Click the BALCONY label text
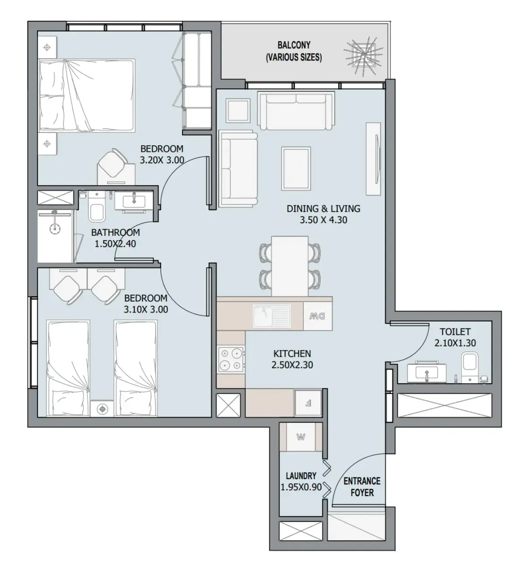(x=294, y=45)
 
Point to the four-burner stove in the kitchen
(x=231, y=359)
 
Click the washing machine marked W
(x=301, y=437)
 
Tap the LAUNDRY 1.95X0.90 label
(x=301, y=481)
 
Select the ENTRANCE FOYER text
(x=362, y=487)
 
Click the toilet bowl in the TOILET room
(x=469, y=368)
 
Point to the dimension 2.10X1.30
(x=455, y=344)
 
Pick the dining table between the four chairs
(x=289, y=266)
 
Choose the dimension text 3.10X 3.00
(x=146, y=310)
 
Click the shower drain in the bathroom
(x=55, y=228)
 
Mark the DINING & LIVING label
(x=323, y=209)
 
